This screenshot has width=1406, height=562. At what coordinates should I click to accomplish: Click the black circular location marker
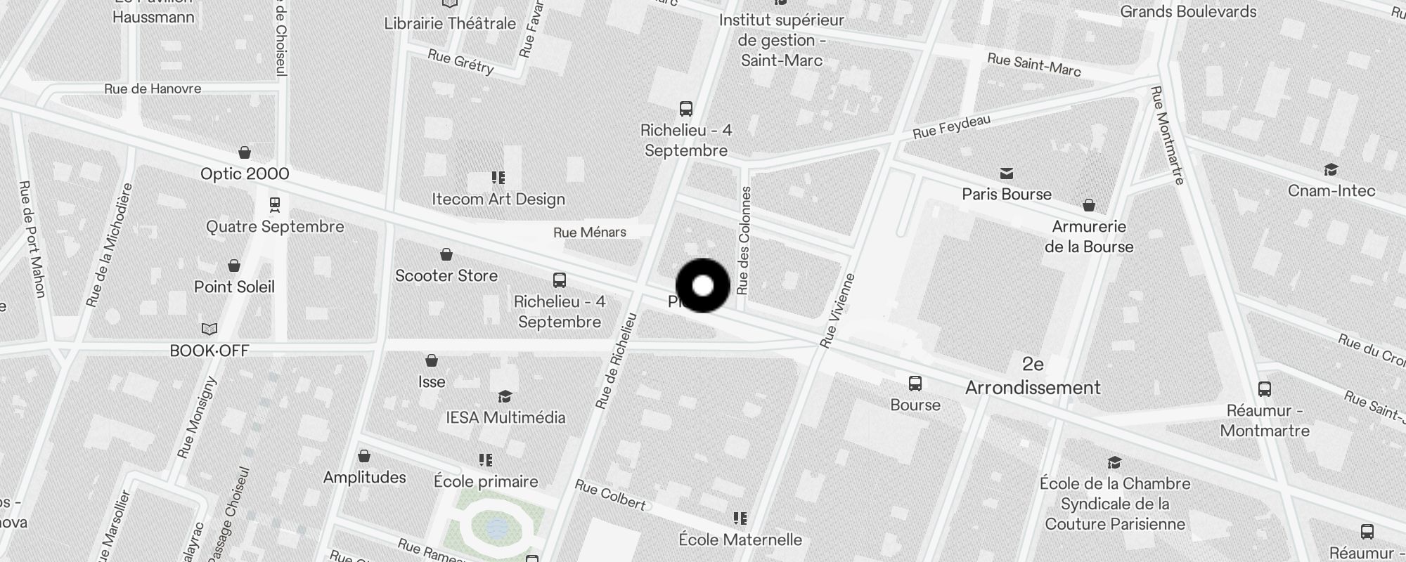point(702,286)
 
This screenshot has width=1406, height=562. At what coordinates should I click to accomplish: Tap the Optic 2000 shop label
point(245,174)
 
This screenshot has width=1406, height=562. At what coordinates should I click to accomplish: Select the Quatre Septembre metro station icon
point(275,204)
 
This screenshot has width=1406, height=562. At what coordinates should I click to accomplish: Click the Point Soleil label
point(234,287)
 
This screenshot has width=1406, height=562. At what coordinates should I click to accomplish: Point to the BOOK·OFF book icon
point(209,329)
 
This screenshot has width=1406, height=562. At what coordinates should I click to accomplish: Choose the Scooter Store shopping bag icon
point(446,254)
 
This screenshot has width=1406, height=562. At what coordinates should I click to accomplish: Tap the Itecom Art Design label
point(498,200)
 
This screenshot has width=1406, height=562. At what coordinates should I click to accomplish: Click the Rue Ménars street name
point(590,233)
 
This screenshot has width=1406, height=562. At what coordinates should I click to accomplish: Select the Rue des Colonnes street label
point(744,240)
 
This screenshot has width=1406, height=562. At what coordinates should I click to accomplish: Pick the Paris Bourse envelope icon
point(1007,174)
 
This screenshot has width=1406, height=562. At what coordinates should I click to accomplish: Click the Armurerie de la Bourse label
point(1089,237)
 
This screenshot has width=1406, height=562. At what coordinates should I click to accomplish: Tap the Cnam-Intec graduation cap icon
point(1331,170)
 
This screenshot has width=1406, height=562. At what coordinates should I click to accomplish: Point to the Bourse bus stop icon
point(915,384)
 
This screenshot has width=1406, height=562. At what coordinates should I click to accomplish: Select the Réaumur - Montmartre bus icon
point(1264,389)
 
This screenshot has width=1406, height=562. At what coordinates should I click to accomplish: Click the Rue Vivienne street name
point(837,310)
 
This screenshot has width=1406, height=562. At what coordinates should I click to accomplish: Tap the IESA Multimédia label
point(505,418)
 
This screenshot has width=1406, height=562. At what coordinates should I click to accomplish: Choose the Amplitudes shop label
point(364,478)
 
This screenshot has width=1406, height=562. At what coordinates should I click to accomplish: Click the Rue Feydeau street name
point(951,126)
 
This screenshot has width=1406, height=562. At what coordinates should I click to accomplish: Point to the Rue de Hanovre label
point(153,89)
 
